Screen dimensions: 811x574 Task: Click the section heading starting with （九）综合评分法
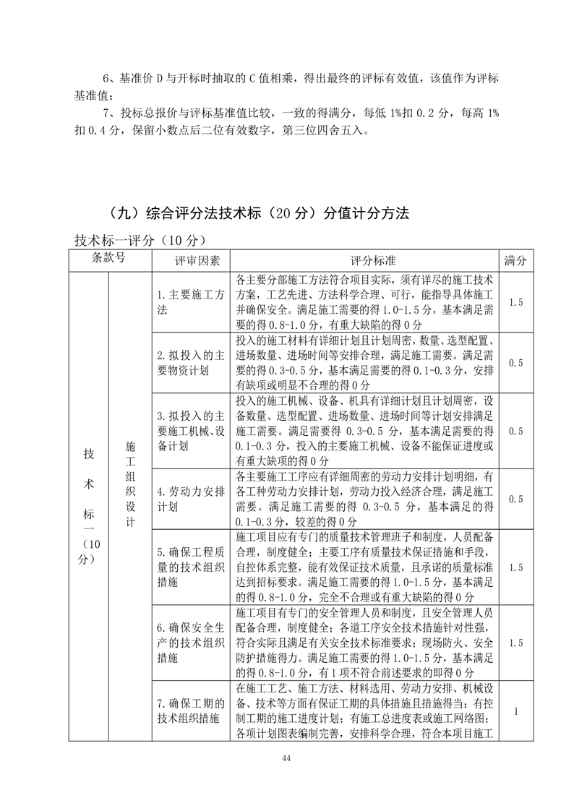click(x=256, y=213)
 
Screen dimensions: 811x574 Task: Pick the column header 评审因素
click(x=191, y=259)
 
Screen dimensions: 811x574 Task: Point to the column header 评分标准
click(x=365, y=259)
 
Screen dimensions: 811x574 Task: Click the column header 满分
click(x=515, y=259)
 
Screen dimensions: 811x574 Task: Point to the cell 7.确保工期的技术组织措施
click(x=191, y=711)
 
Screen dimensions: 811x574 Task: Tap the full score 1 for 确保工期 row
click(x=515, y=711)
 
